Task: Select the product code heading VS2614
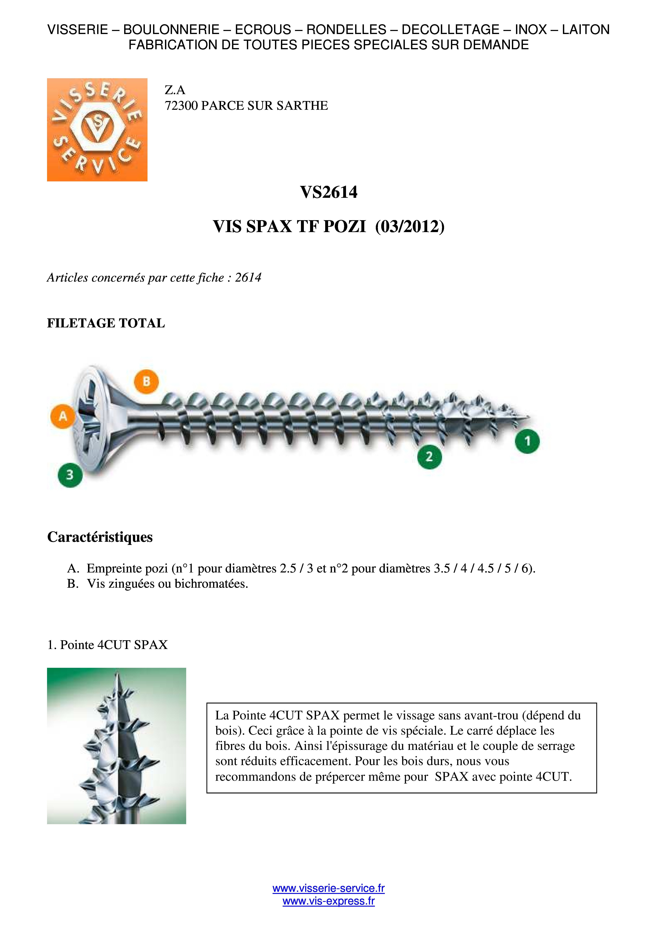point(328,192)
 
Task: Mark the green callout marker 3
point(70,475)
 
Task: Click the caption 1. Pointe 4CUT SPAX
point(107,645)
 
